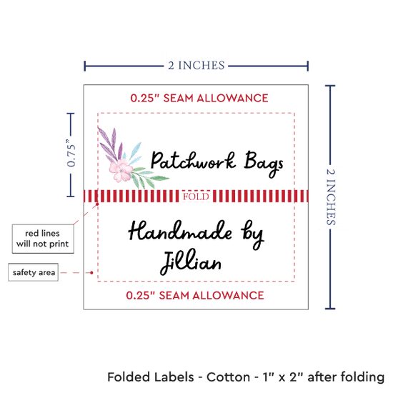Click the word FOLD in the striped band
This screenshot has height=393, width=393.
tap(196, 196)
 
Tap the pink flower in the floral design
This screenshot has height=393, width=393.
tap(121, 170)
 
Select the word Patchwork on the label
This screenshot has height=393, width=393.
tap(193, 161)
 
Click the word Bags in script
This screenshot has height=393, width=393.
tap(264, 164)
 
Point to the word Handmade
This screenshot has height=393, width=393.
tap(180, 230)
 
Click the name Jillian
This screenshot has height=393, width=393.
tap(191, 262)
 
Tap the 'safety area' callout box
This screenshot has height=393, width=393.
tap(34, 272)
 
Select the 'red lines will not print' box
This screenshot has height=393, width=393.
tap(43, 239)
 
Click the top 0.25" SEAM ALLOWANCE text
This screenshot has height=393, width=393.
tap(199, 98)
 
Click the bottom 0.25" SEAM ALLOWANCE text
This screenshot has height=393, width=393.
tap(195, 295)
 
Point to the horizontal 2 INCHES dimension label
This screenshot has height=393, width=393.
tap(196, 66)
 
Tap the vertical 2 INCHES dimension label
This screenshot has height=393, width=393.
tap(331, 197)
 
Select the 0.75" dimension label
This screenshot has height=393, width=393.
tap(71, 153)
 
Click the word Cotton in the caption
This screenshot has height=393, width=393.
tap(228, 377)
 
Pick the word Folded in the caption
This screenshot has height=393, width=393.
tap(129, 377)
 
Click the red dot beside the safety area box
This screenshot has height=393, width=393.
tap(91, 272)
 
